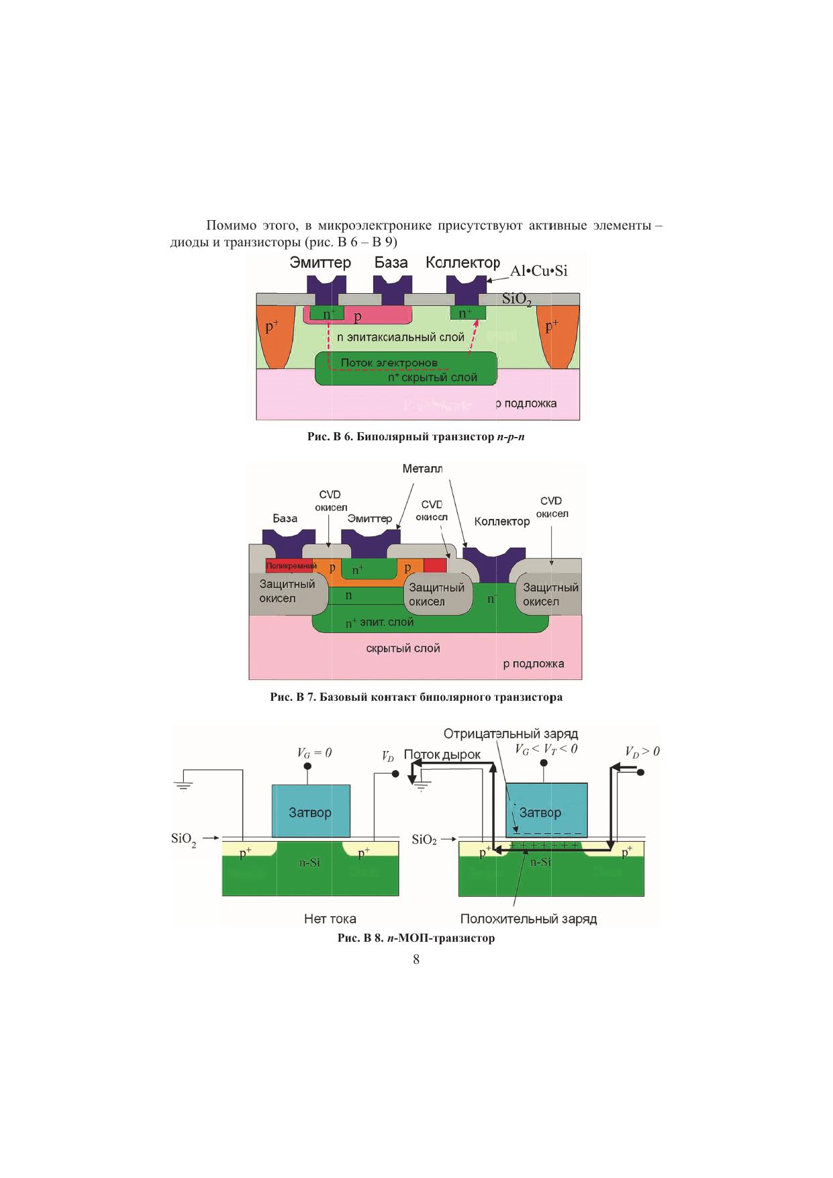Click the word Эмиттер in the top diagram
pyautogui.click(x=320, y=262)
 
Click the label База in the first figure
pyautogui.click(x=391, y=262)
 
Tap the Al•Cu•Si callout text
pyautogui.click(x=538, y=271)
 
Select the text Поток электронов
pyautogui.click(x=389, y=363)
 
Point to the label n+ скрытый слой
pyautogui.click(x=432, y=378)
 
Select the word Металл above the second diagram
pyautogui.click(x=422, y=469)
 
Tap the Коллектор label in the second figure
pyautogui.click(x=501, y=522)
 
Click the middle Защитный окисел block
pyautogui.click(x=437, y=595)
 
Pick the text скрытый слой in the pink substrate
pyautogui.click(x=403, y=648)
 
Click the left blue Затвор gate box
pyautogui.click(x=311, y=812)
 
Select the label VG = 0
pyautogui.click(x=314, y=753)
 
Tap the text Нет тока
pyautogui.click(x=330, y=918)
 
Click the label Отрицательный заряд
pyautogui.click(x=511, y=734)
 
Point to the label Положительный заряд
pyautogui.click(x=528, y=919)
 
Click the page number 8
pyautogui.click(x=416, y=960)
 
